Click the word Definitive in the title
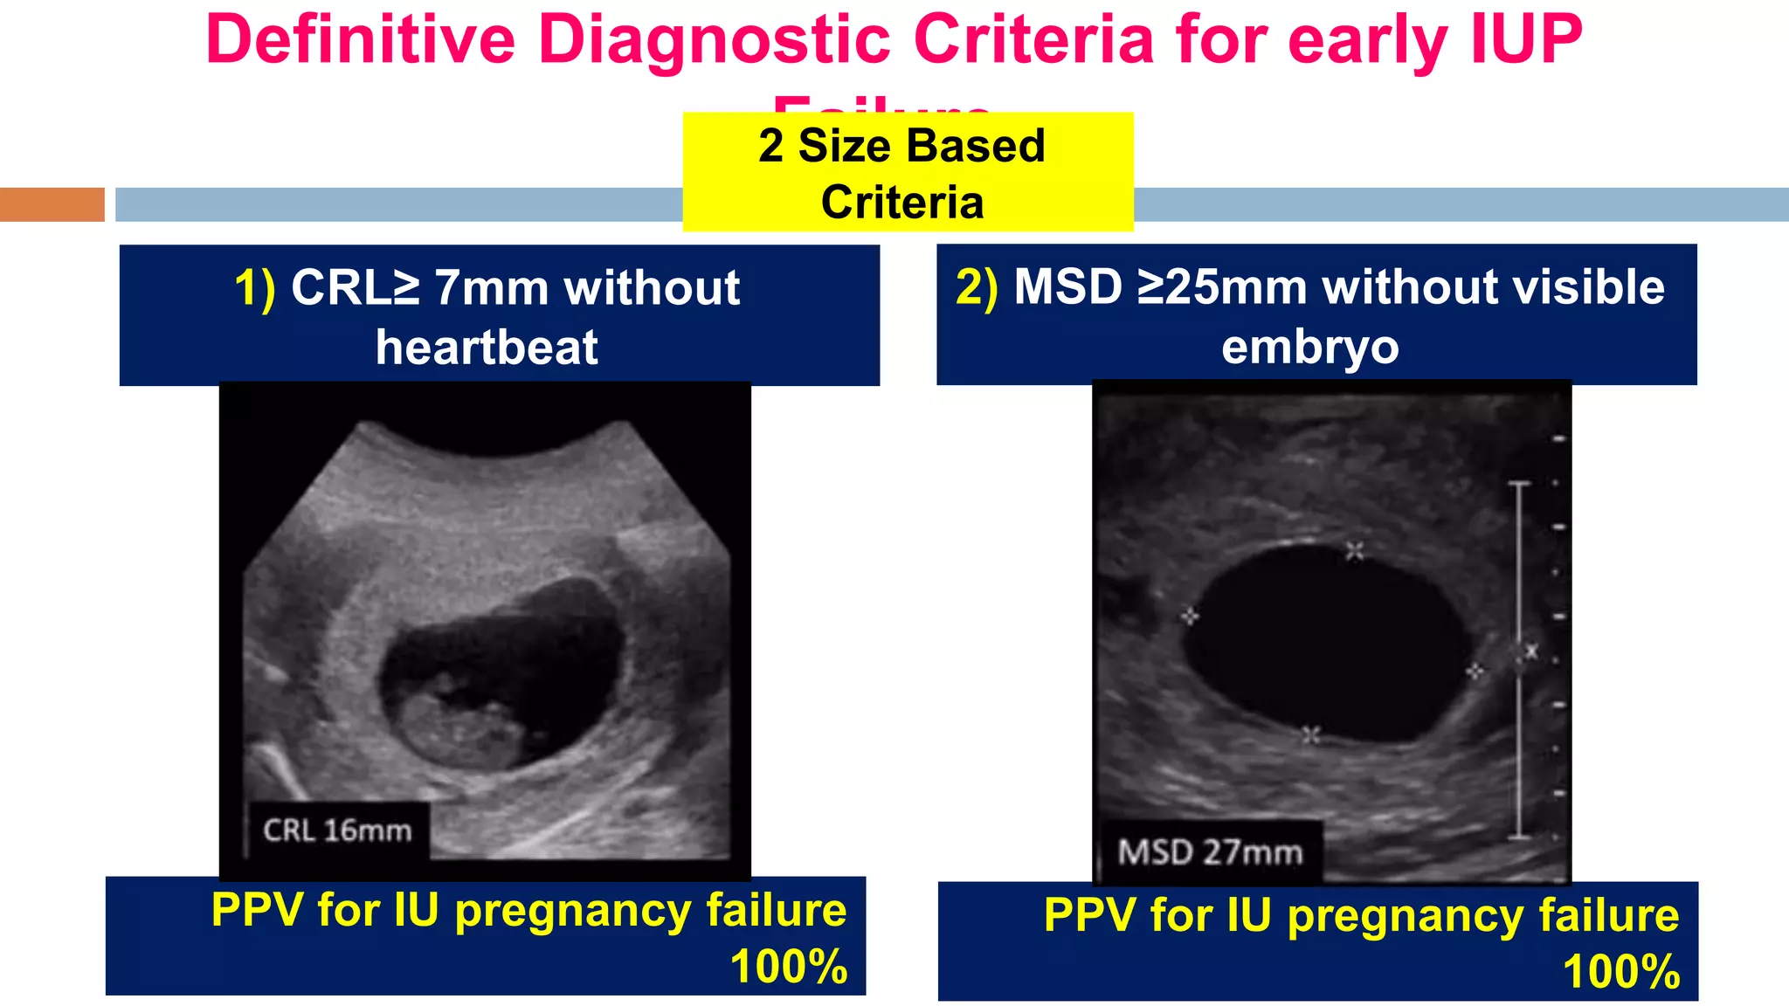[x=360, y=40]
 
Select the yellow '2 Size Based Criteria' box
[x=908, y=172]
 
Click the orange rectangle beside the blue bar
[x=52, y=204]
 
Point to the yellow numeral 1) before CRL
[x=254, y=288]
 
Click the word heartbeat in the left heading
[x=487, y=348]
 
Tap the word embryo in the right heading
[x=1309, y=347]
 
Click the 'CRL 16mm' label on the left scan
[x=337, y=830]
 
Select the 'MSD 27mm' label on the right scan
[x=1210, y=851]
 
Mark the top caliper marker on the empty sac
[x=1354, y=550]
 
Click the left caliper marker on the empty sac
[x=1189, y=617]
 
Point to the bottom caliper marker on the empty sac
[x=1309, y=735]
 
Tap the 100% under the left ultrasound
[x=788, y=967]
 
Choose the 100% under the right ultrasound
[x=1621, y=972]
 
